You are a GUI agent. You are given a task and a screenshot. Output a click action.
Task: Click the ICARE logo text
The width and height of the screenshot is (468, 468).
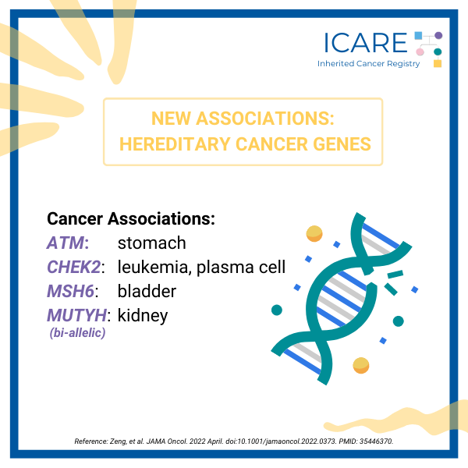click(x=365, y=43)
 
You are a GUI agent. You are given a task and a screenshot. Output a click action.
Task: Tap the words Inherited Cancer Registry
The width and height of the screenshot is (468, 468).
click(x=368, y=64)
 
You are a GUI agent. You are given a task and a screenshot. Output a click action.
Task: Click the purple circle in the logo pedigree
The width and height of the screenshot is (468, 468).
click(x=438, y=36)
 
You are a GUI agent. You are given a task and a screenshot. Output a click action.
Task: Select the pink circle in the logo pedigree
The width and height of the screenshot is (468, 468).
click(x=420, y=52)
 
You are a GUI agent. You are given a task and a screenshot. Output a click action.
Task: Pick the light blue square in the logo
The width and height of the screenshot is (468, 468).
click(x=418, y=36)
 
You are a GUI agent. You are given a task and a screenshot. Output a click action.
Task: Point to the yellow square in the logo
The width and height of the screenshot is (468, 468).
click(x=438, y=63)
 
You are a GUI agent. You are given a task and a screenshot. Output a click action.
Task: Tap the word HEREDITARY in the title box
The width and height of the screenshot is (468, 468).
click(x=175, y=144)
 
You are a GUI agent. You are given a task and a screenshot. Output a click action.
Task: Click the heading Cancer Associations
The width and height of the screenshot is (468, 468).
click(x=131, y=218)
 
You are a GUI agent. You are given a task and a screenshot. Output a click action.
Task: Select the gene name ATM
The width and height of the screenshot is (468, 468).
click(x=66, y=243)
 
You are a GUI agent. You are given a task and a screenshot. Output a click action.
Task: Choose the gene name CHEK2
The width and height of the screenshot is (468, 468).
click(x=74, y=267)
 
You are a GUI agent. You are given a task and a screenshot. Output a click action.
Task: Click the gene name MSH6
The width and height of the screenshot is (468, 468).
click(x=70, y=291)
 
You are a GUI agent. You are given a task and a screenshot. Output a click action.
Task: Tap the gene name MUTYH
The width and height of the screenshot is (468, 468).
click(x=76, y=315)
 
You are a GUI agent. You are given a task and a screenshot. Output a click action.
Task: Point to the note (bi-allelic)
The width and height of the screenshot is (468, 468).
click(x=77, y=333)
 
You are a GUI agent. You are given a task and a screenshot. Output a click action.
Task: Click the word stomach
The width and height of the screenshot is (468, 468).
click(x=151, y=243)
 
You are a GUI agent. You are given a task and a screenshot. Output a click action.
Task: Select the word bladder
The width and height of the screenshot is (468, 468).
click(x=147, y=291)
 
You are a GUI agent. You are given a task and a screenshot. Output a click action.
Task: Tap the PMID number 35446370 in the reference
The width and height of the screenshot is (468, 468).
click(x=376, y=441)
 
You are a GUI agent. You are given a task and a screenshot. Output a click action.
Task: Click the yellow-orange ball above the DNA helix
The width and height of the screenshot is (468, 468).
click(x=314, y=233)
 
